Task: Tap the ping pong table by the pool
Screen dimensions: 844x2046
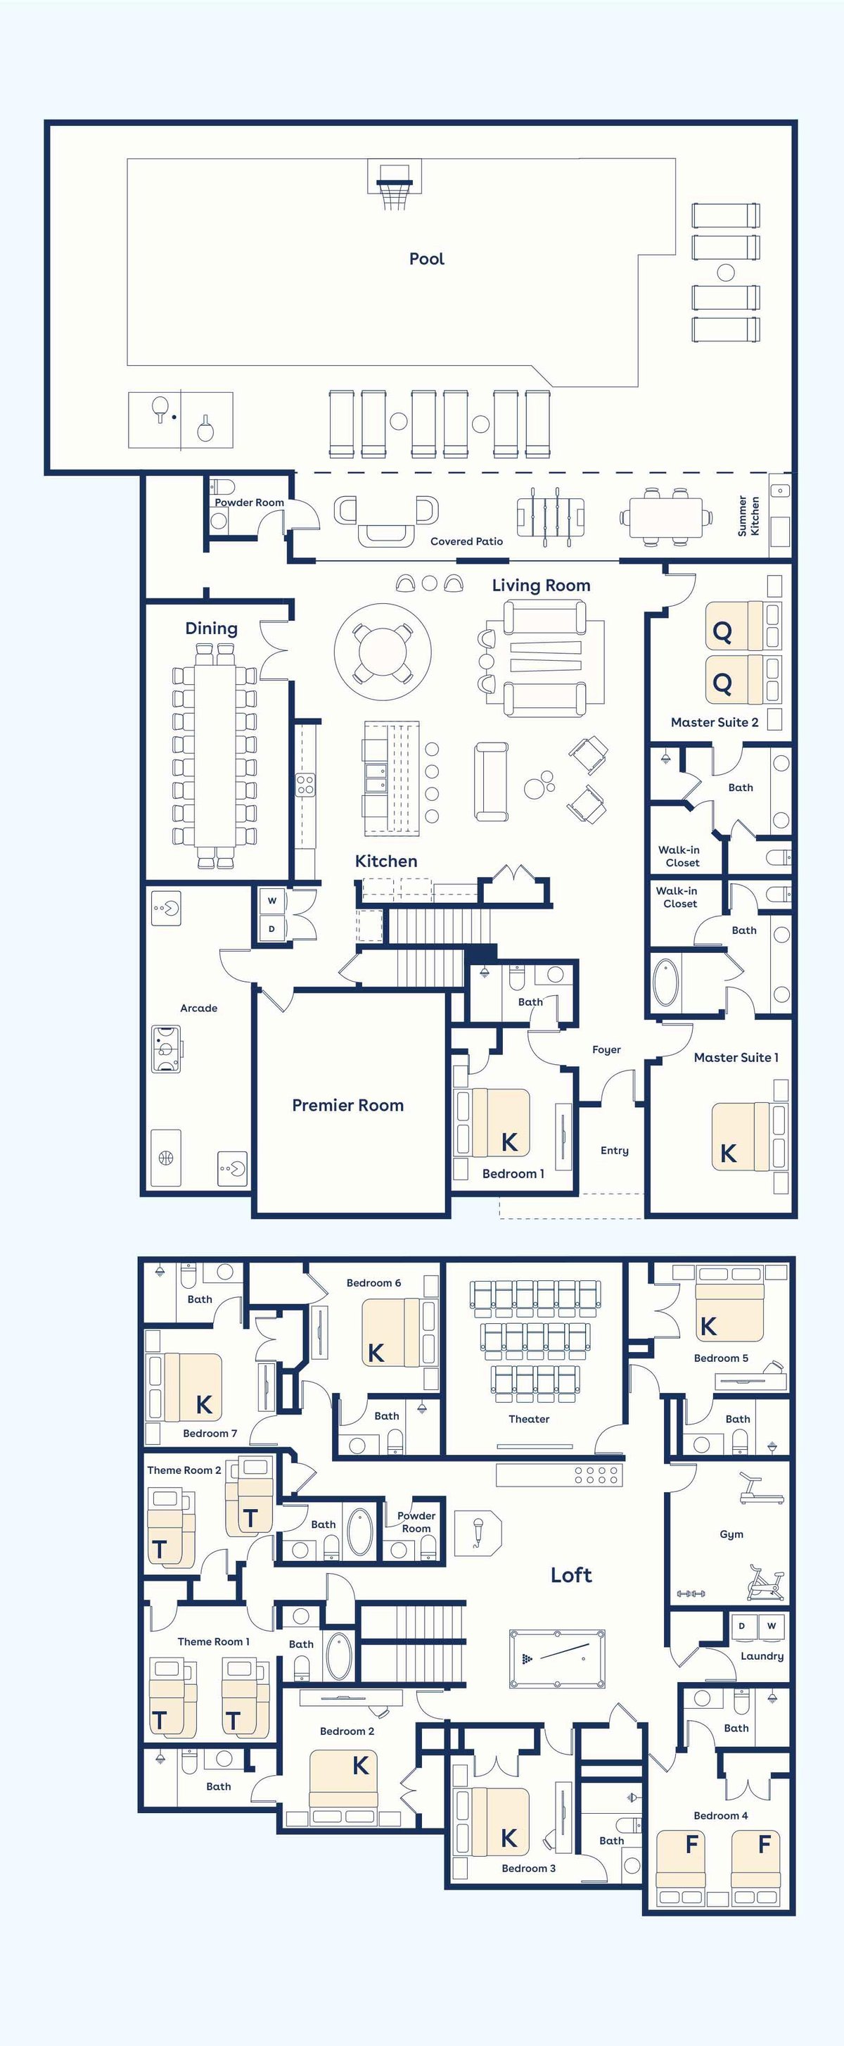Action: coord(181,419)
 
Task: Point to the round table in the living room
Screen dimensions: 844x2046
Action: coord(383,651)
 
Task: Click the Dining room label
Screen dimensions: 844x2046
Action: coord(211,629)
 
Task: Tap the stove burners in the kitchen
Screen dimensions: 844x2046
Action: coord(306,785)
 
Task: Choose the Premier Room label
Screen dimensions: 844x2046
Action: coord(347,1105)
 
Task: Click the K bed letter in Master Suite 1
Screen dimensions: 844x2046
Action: coord(728,1154)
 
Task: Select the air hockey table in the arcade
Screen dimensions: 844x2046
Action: coord(167,1049)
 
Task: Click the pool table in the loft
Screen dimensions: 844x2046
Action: coord(556,1658)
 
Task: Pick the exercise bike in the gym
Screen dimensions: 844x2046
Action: coord(766,1582)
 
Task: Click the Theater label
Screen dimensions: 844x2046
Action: coord(529,1418)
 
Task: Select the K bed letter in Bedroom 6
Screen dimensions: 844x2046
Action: coord(376,1353)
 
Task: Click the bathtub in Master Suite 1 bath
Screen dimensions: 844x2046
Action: coord(666,983)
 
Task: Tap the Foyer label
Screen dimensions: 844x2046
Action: coord(606,1049)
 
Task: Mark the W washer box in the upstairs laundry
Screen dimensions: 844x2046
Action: coord(771,1626)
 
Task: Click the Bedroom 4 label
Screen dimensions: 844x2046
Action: coord(721,1815)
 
